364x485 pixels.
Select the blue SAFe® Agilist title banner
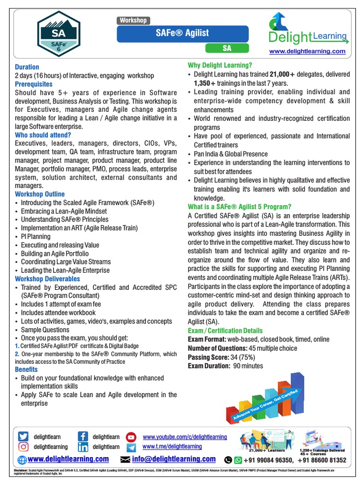(x=182, y=33)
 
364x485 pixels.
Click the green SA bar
(x=227, y=48)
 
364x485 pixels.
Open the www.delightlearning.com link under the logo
(x=308, y=51)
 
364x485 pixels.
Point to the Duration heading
(x=27, y=67)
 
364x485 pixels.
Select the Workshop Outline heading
(x=40, y=194)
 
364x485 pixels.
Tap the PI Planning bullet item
(x=36, y=236)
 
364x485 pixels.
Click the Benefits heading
(x=27, y=369)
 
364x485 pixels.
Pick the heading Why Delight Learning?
(x=220, y=65)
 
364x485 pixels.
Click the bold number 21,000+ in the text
(x=282, y=74)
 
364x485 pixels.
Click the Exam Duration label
(x=209, y=366)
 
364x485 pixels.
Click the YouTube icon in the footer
(x=132, y=437)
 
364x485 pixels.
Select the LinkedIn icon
(x=83, y=447)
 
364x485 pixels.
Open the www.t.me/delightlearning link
(x=172, y=446)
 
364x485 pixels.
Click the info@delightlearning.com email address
(x=173, y=459)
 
